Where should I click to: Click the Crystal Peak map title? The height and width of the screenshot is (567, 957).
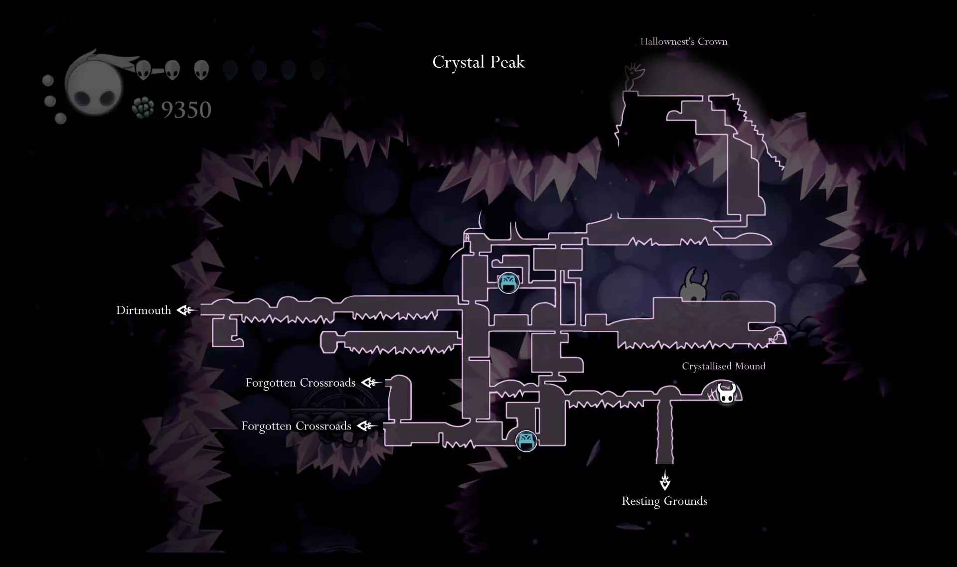(478, 62)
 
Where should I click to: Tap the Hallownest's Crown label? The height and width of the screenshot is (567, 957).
(683, 41)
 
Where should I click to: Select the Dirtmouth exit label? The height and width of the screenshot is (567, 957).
(144, 310)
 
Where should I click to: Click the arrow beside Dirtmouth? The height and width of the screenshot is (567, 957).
(187, 310)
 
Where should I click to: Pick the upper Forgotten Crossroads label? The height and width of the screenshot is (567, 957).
(300, 383)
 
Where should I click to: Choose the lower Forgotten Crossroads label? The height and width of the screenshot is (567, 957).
(296, 426)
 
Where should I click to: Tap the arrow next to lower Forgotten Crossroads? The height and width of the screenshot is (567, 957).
(367, 426)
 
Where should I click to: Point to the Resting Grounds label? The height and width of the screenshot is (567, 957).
(664, 501)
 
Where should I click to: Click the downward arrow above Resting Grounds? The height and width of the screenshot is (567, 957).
(665, 480)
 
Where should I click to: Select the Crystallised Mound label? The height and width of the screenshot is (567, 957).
(723, 366)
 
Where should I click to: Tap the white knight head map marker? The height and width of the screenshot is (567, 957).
(726, 393)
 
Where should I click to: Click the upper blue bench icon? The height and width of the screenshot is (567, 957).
(508, 283)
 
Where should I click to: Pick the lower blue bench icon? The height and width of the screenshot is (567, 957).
(526, 440)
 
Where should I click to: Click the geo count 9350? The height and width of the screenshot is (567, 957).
(186, 110)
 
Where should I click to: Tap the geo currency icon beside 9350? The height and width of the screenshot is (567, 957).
(143, 109)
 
